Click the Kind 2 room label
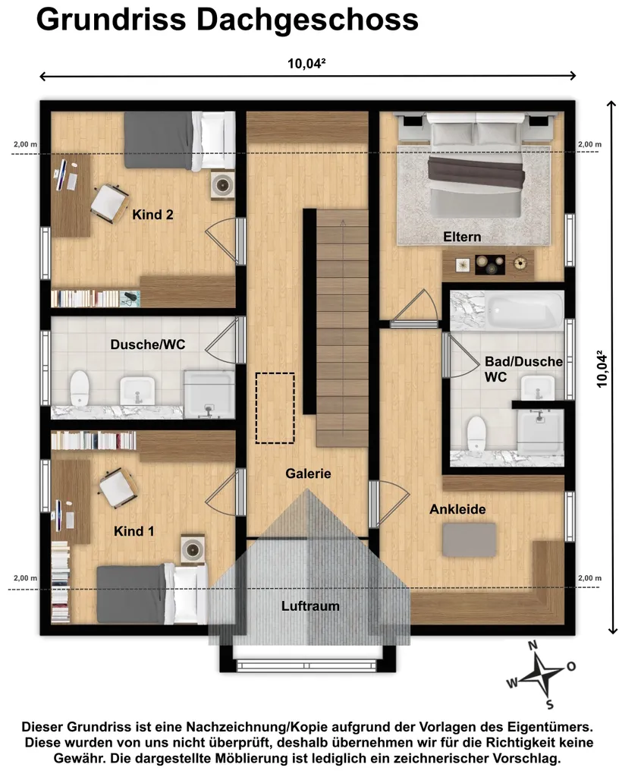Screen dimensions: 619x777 tap(152, 215)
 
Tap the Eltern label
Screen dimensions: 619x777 tap(462, 237)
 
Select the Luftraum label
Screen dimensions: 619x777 tap(310, 606)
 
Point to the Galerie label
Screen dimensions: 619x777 tap(308, 473)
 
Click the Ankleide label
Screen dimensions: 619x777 tap(457, 509)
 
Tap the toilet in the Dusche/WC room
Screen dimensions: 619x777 tap(79, 388)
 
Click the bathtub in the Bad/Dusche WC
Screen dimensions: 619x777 tap(524, 310)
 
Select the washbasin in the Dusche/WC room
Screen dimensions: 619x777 tap(137, 391)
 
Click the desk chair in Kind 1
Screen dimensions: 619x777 tap(118, 488)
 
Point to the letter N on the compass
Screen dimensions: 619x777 tap(533, 645)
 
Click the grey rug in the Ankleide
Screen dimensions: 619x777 tap(470, 539)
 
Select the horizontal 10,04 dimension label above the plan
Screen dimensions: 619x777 tap(306, 64)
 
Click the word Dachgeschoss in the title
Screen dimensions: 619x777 tap(307, 20)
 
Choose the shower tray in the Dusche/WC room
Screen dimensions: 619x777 tap(209, 395)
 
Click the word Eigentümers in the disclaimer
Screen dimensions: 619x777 tap(550, 728)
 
